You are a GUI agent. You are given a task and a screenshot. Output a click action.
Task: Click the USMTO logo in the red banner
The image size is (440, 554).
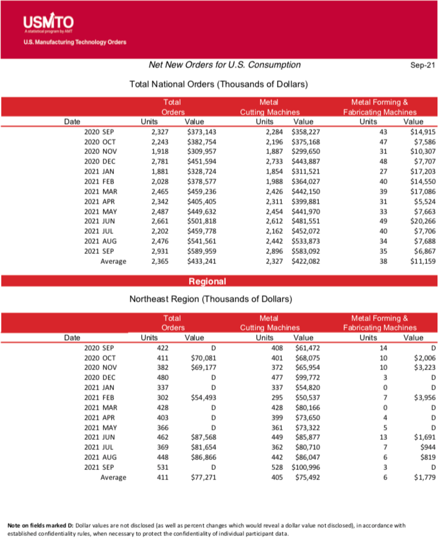(x=49, y=24)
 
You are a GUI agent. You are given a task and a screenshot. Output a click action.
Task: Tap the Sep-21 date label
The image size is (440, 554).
(x=422, y=65)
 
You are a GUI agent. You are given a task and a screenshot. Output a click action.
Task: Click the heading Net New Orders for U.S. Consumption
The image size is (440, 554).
(x=225, y=65)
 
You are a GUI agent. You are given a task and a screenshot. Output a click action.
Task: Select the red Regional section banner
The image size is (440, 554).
(x=207, y=281)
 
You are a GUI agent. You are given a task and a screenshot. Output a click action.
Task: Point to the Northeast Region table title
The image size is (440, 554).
(x=210, y=299)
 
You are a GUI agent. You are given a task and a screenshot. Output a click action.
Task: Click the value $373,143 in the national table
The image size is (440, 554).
(x=201, y=132)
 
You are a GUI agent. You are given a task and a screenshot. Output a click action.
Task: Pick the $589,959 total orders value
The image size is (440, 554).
(x=201, y=251)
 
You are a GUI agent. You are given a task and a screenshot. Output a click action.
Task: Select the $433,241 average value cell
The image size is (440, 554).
(x=201, y=261)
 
